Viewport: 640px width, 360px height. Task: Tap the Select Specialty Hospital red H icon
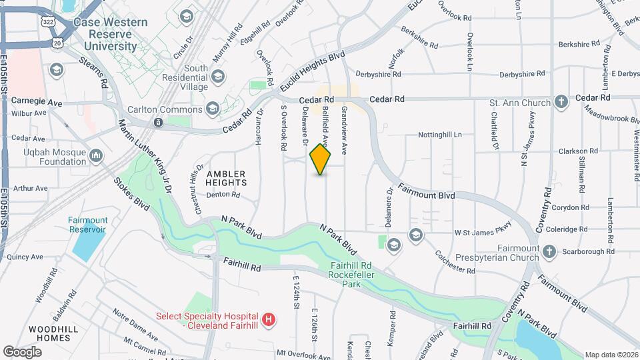(x=269, y=321)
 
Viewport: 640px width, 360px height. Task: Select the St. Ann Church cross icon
(x=562, y=103)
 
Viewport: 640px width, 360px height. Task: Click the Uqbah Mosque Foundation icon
(x=96, y=156)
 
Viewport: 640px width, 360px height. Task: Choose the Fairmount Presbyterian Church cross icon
(x=549, y=252)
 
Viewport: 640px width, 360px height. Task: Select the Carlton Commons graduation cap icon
(x=213, y=109)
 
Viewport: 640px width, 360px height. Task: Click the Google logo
(x=22, y=351)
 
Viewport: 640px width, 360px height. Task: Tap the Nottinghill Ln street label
(x=439, y=134)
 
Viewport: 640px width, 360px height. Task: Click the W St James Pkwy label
(x=482, y=233)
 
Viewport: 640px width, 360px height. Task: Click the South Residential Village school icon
(x=217, y=78)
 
